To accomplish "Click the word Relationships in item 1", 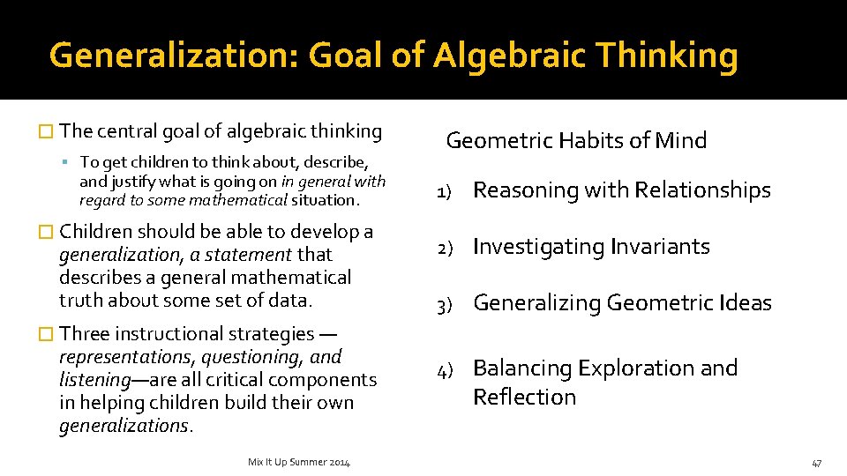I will [x=702, y=190].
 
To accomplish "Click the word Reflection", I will [x=524, y=397].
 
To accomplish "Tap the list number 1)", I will [x=446, y=191].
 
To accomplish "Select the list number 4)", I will [x=446, y=369].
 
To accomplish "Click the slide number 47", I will [x=817, y=463].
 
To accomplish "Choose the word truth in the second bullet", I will [x=79, y=300].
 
